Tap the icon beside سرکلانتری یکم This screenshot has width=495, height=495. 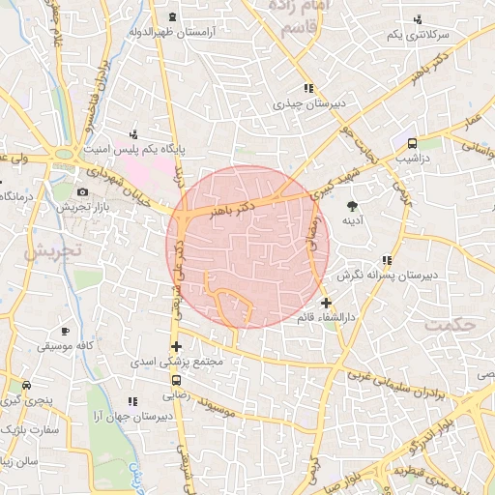[418, 19]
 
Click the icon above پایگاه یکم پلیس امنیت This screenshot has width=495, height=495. [134, 133]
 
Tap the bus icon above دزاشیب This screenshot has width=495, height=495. [402, 138]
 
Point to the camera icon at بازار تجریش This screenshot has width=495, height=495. [84, 190]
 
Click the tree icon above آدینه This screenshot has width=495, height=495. [352, 205]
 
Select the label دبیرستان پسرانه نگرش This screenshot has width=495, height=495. [388, 275]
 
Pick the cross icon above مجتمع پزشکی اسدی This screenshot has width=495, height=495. [175, 346]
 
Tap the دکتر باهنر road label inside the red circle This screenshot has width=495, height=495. [232, 207]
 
